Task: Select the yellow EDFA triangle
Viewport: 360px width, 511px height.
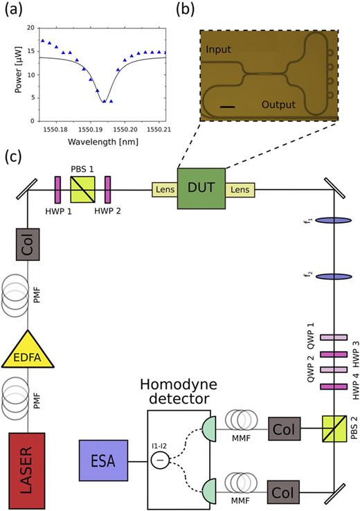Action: tap(27, 353)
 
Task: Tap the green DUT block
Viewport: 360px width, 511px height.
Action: tap(201, 188)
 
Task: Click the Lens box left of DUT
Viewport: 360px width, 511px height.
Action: tap(165, 188)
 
